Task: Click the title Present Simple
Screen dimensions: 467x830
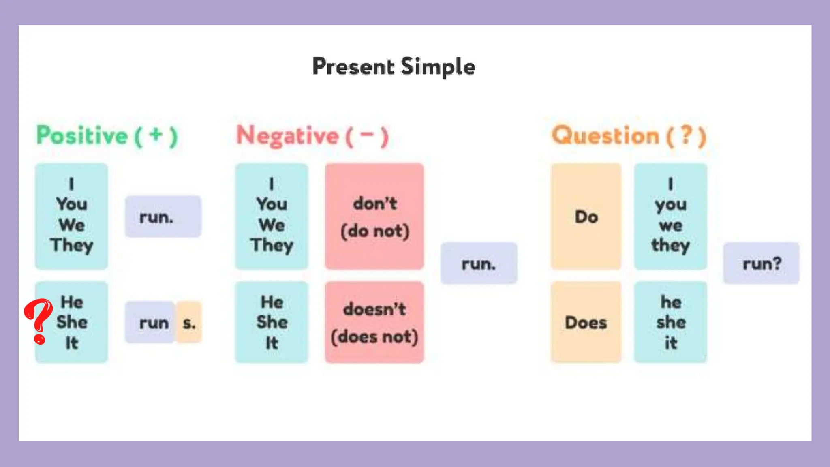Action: coord(394,67)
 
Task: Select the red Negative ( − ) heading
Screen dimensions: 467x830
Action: coord(312,136)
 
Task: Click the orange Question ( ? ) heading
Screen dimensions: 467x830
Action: coord(629,136)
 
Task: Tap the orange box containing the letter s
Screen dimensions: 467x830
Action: coord(189,323)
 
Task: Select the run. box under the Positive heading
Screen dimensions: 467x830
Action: coord(163,217)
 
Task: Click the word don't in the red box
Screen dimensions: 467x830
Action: coord(374,204)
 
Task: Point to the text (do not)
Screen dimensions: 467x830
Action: coord(374,231)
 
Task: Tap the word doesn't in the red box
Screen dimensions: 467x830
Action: coord(374,309)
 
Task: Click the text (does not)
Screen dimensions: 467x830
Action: coord(374,337)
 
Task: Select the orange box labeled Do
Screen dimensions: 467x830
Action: coord(586,217)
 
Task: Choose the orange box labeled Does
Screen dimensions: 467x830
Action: coord(586,323)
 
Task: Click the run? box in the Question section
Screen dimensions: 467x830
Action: coord(762,264)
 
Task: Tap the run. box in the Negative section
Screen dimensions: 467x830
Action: coord(479,264)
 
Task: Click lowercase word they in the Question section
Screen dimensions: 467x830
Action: coord(670,245)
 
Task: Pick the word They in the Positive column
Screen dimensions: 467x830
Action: coord(72,245)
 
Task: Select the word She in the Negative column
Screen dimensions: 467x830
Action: coord(272,322)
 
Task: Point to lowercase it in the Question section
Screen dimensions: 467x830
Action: coord(670,343)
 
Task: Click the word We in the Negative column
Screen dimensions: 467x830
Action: coord(272,225)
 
